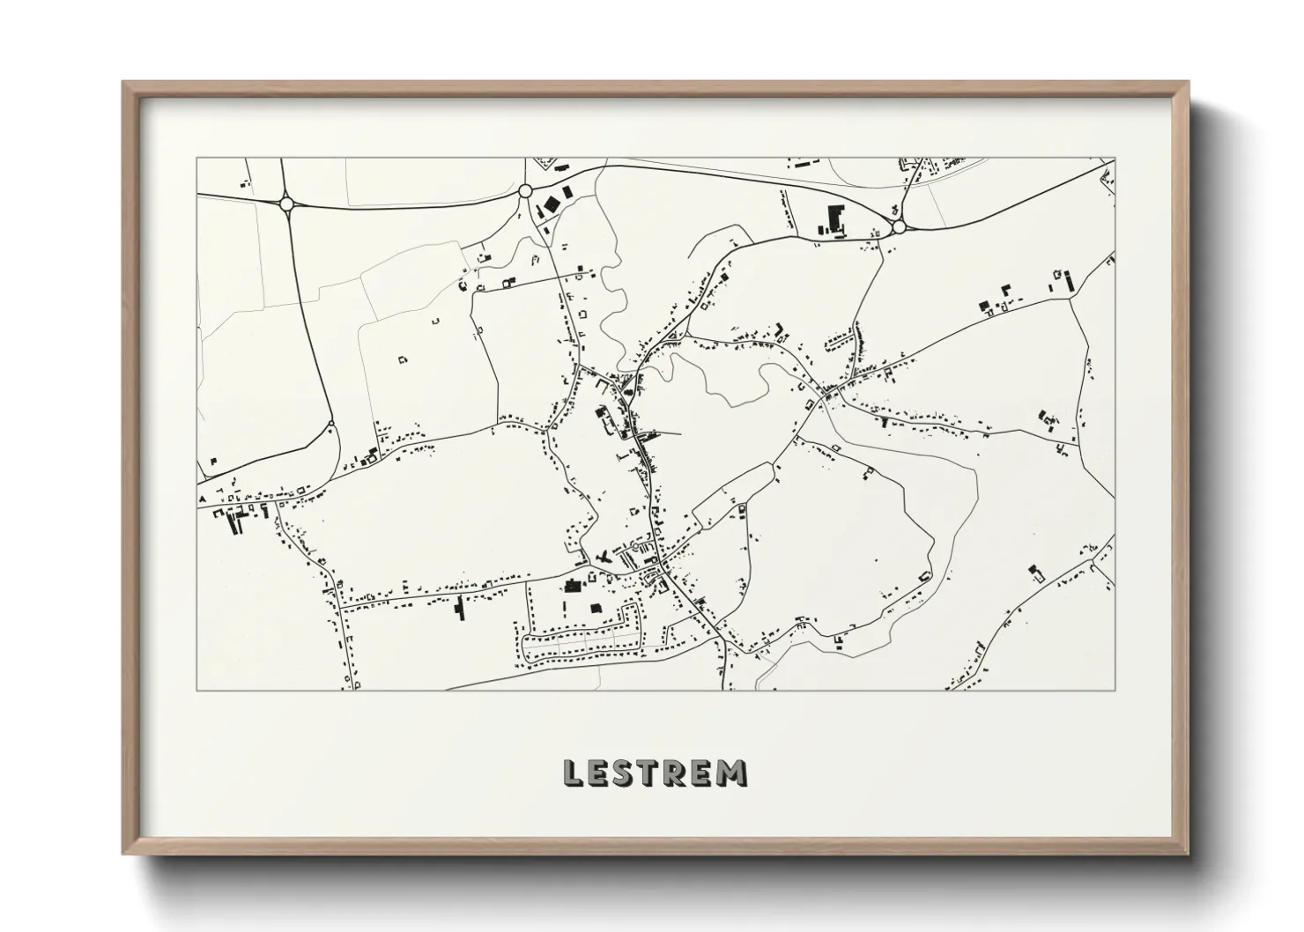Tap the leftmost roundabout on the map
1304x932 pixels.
click(286, 203)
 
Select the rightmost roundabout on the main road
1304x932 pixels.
click(899, 227)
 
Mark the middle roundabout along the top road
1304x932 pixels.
click(525, 190)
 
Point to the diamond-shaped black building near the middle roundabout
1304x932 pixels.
click(551, 204)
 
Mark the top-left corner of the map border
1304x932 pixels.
click(196, 159)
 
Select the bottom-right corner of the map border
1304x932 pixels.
click(1115, 690)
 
